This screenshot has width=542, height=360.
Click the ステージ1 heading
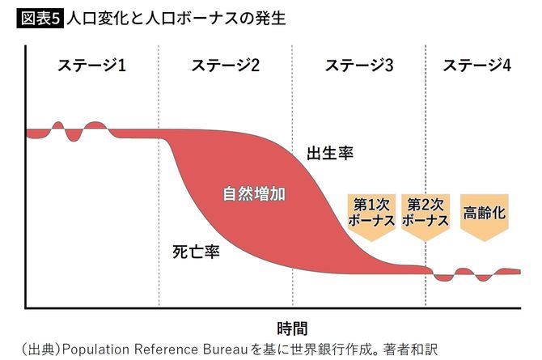click(x=91, y=66)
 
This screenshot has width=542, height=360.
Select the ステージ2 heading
click(x=226, y=66)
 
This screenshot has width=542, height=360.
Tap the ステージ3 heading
click(x=358, y=66)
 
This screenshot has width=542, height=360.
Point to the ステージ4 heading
click(x=476, y=66)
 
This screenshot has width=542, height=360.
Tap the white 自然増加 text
click(x=256, y=194)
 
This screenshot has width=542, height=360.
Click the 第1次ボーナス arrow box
click(x=371, y=214)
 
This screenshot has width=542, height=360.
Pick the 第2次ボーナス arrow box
click(x=426, y=214)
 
